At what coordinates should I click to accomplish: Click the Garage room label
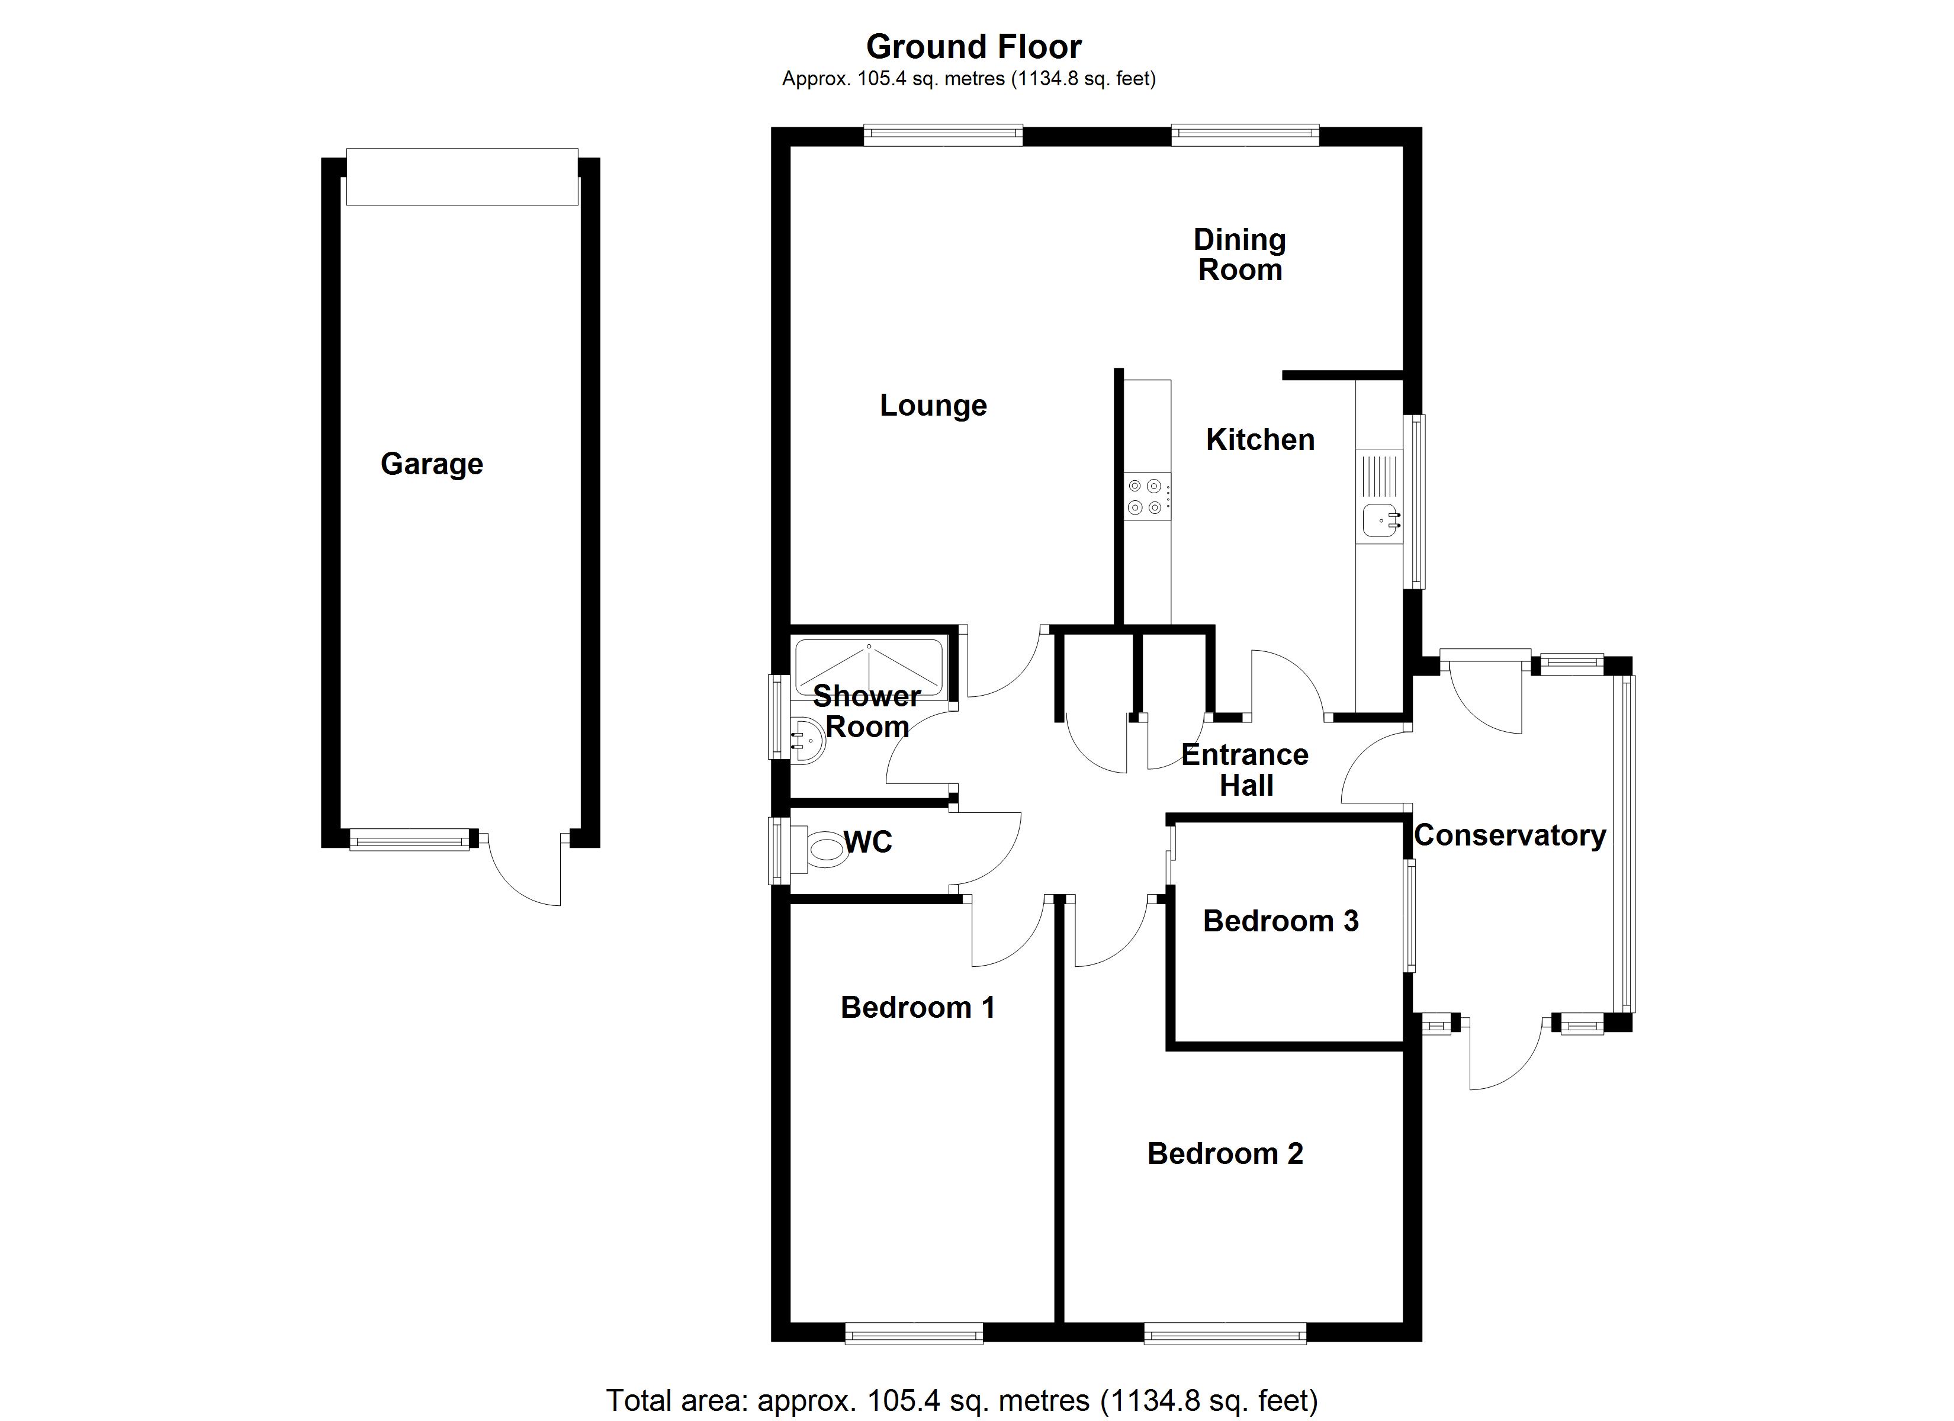(x=432, y=464)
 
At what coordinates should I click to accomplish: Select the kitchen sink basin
(x=1379, y=520)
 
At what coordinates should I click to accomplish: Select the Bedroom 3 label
(x=1280, y=921)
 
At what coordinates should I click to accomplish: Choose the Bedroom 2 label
(x=1225, y=1154)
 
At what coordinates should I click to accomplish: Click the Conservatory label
(x=1509, y=835)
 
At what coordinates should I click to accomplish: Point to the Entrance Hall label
(x=1245, y=770)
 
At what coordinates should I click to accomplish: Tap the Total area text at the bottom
(x=962, y=1400)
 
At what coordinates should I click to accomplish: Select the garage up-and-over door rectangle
(x=462, y=176)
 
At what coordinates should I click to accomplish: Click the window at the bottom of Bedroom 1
(x=913, y=1335)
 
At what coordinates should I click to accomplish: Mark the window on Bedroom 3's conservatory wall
(x=1410, y=917)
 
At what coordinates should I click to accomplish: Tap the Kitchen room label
(x=1259, y=441)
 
